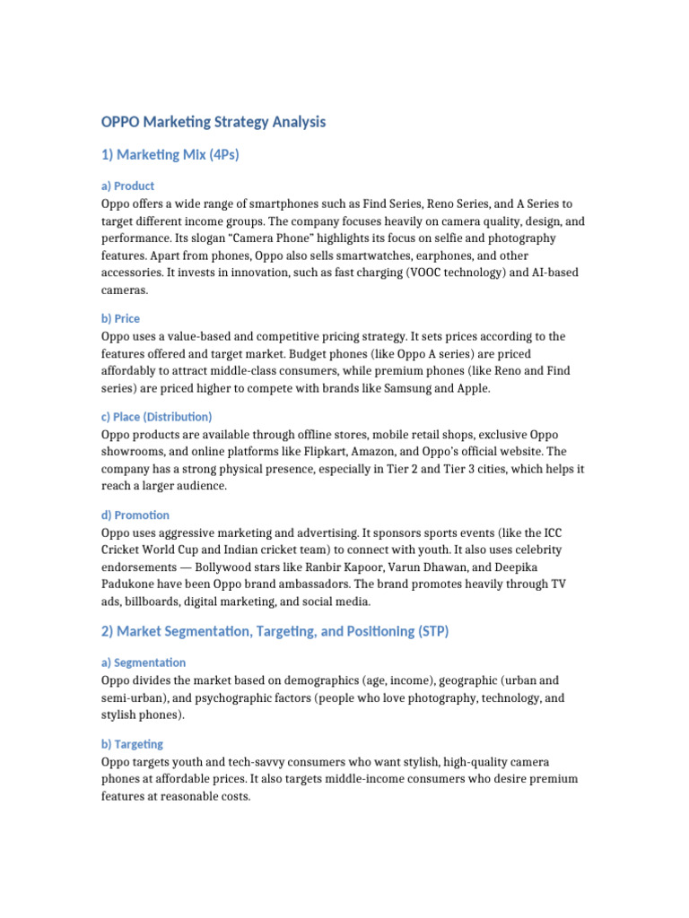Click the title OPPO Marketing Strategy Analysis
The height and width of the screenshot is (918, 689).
tap(214, 121)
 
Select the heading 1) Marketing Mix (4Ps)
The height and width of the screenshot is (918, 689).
tap(170, 155)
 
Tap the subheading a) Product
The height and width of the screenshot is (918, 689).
tap(127, 186)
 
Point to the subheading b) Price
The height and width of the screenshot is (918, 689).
tap(120, 318)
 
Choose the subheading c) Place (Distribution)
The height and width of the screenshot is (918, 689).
tap(156, 417)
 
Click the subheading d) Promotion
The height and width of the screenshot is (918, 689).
tap(135, 515)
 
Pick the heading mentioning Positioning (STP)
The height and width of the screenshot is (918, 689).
tap(275, 631)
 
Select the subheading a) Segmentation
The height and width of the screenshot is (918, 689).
tap(143, 663)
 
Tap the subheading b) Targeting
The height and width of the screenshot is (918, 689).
tap(132, 744)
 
